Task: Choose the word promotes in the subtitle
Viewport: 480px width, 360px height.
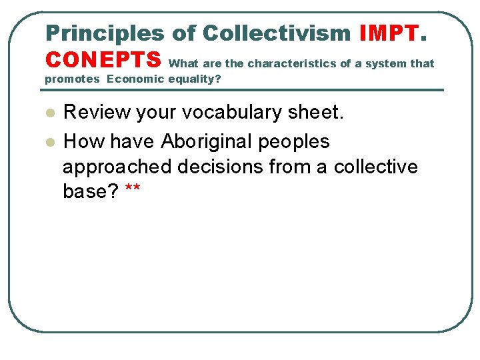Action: click(72, 79)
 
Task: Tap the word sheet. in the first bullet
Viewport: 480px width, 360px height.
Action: click(319, 113)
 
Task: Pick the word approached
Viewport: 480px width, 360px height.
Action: click(117, 167)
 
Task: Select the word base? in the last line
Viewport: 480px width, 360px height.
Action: click(91, 191)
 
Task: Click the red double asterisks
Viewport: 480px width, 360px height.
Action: click(132, 190)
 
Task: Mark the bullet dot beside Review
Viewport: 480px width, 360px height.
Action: click(49, 113)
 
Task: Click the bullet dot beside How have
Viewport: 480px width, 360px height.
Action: click(49, 142)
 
